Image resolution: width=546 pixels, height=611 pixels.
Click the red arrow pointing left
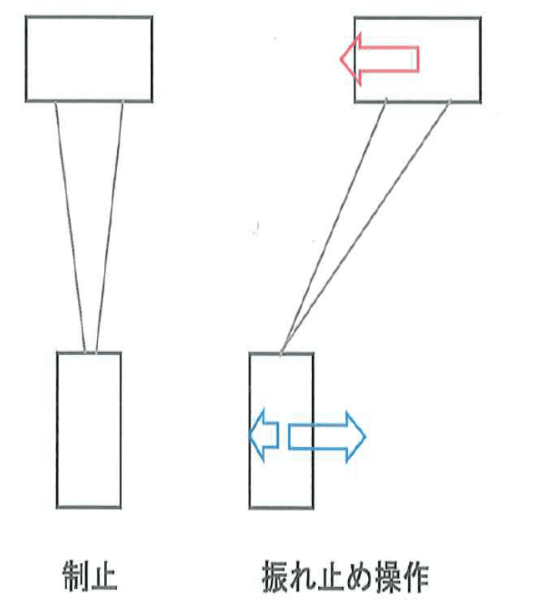tap(379, 59)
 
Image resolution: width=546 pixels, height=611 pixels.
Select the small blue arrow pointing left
tap(265, 435)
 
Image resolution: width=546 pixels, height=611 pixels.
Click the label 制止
tap(90, 576)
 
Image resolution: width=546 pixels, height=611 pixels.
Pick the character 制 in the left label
tap(76, 576)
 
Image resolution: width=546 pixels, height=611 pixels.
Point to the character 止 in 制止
tap(105, 576)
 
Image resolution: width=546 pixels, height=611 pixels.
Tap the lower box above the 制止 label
tap(89, 430)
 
